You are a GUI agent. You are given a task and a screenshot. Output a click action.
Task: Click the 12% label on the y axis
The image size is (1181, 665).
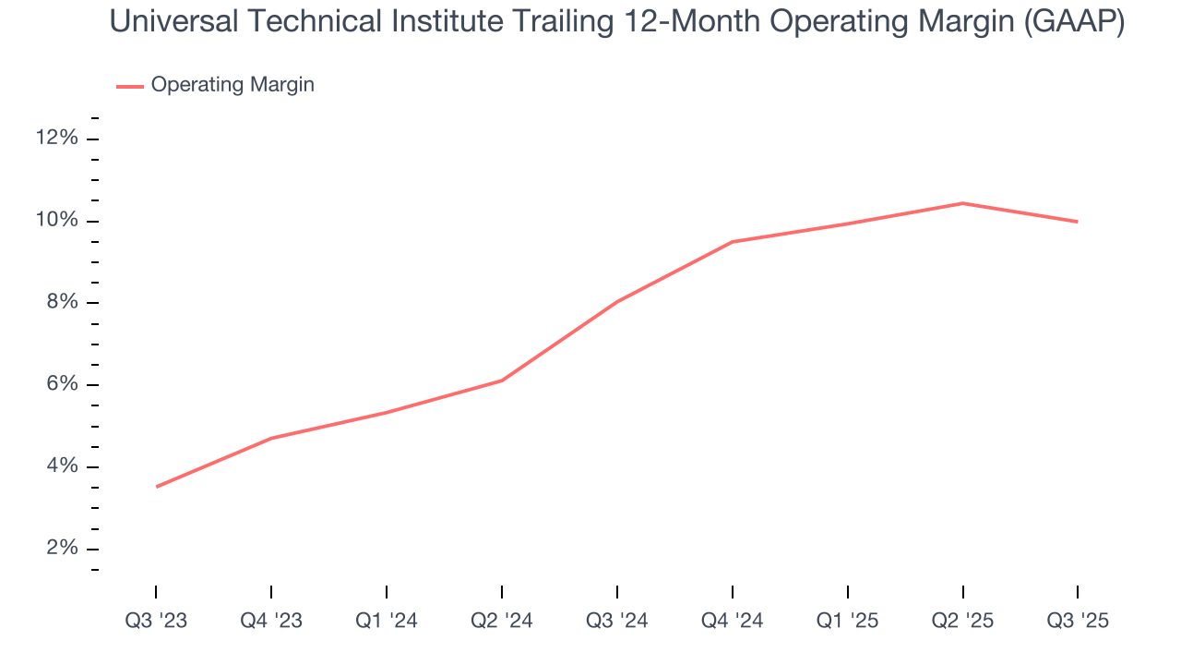pyautogui.click(x=56, y=139)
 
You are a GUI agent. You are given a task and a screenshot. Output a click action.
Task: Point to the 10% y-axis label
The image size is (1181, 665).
pyautogui.click(x=56, y=221)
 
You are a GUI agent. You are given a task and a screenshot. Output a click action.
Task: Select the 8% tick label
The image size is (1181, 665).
pyautogui.click(x=62, y=303)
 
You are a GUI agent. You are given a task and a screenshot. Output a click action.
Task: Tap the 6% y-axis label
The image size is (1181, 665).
pyautogui.click(x=62, y=385)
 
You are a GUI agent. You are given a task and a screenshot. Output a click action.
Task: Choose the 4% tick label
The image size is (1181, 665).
pyautogui.click(x=62, y=466)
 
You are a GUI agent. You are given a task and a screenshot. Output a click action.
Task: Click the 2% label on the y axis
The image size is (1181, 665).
pyautogui.click(x=62, y=549)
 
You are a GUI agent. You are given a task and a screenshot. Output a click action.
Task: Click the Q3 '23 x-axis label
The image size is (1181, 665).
pyautogui.click(x=156, y=621)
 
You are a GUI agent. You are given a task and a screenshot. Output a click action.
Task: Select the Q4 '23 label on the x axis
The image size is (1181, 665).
pyautogui.click(x=271, y=621)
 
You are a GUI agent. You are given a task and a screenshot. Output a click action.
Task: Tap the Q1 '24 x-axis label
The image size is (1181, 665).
pyautogui.click(x=387, y=621)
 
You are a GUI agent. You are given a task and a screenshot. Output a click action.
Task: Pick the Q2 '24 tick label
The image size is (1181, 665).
pyautogui.click(x=502, y=621)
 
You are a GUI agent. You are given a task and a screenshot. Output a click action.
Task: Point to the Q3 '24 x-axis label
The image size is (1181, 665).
pyautogui.click(x=617, y=621)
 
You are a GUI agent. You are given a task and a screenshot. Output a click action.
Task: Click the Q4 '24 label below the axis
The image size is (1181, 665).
pyautogui.click(x=733, y=621)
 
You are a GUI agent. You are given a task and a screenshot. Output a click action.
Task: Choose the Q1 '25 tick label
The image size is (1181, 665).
pyautogui.click(x=847, y=621)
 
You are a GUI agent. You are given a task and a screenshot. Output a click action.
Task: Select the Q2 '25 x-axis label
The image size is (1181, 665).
pyautogui.click(x=962, y=621)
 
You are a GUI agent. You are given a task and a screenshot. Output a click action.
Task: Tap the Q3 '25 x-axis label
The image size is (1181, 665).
pyautogui.click(x=1078, y=621)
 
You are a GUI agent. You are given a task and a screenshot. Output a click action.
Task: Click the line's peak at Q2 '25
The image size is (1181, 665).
pyautogui.click(x=962, y=203)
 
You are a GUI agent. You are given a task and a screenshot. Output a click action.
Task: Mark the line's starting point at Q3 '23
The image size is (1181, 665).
pyautogui.click(x=156, y=487)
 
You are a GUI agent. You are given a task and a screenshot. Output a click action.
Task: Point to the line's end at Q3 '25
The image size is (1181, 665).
pyautogui.click(x=1078, y=222)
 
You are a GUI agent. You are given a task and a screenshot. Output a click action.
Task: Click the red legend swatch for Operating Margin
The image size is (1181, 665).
pyautogui.click(x=129, y=86)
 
